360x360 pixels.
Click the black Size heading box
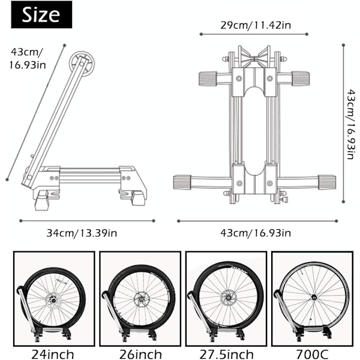41,14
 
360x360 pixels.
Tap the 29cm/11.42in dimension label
256,25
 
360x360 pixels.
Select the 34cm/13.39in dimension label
82,233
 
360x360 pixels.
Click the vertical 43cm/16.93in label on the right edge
351,124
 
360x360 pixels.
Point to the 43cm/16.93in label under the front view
256,233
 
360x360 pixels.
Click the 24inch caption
53,354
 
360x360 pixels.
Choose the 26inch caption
140,354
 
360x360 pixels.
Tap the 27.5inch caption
226,354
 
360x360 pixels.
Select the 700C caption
312,354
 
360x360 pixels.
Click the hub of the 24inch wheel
53,300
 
